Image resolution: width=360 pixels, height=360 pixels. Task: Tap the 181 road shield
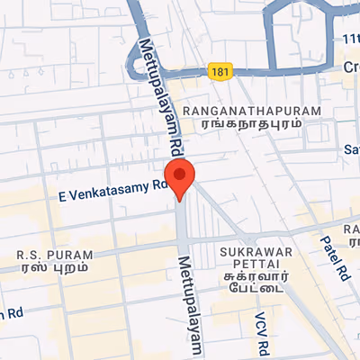tap(219, 69)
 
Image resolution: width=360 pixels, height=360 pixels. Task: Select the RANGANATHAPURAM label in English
tap(251, 109)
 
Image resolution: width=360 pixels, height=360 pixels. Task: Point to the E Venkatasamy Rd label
tap(113, 189)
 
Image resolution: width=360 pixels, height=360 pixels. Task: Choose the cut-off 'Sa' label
tap(352, 148)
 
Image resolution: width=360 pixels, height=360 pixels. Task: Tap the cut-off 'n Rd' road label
tap(11, 314)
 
